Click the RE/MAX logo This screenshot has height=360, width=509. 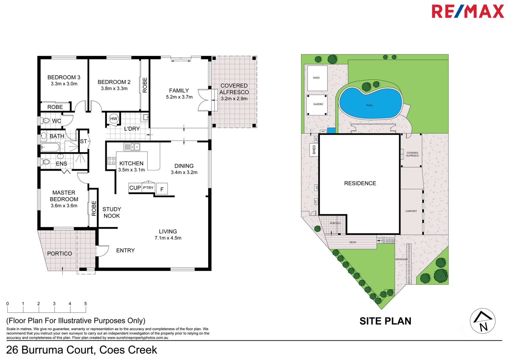467,11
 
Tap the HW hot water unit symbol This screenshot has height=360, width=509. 114,119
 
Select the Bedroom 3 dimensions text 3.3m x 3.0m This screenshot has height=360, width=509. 64,84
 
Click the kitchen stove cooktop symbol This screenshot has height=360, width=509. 111,161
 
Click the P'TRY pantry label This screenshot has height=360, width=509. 148,188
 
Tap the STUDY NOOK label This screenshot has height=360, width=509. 112,213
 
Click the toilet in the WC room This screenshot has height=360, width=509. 46,121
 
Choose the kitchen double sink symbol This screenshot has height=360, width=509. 132,147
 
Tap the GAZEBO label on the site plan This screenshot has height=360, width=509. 318,104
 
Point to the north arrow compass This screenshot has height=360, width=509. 482,321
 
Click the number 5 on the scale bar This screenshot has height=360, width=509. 86,304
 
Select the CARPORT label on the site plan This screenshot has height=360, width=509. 411,211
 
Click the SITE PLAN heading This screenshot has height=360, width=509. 385,321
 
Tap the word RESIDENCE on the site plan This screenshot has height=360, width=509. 360,183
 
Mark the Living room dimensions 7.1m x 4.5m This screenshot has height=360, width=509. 168,238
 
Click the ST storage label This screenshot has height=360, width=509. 83,141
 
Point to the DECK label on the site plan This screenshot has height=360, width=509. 353,242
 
